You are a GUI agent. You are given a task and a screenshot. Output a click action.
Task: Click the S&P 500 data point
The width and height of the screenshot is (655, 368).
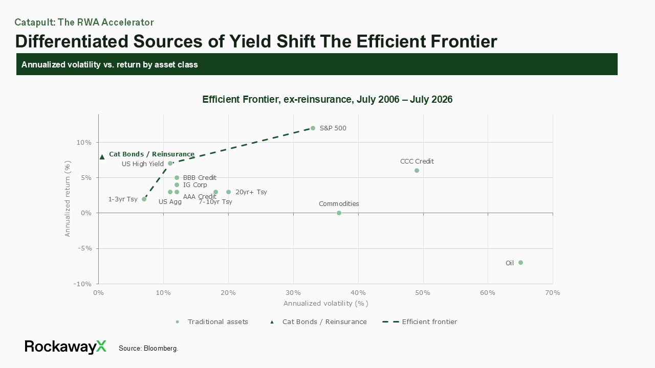pyautogui.click(x=313, y=128)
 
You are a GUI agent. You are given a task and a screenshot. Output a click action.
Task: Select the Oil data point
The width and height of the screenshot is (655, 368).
pyautogui.click(x=520, y=263)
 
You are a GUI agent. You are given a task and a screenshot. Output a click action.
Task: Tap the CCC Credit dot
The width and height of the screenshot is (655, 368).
pyautogui.click(x=417, y=171)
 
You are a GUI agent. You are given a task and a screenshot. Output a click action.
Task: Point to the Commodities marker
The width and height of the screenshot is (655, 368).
pyautogui.click(x=339, y=213)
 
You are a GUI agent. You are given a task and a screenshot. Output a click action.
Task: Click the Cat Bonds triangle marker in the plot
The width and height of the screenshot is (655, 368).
pyautogui.click(x=102, y=157)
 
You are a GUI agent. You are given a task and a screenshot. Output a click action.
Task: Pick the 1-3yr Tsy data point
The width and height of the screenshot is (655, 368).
pyautogui.click(x=144, y=199)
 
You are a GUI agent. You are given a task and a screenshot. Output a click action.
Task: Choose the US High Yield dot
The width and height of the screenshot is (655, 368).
pyautogui.click(x=170, y=163)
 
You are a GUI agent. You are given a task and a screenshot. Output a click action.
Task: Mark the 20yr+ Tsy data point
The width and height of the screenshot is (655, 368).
pyautogui.click(x=228, y=192)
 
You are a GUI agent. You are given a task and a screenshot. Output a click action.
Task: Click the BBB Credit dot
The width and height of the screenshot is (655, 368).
pyautogui.click(x=177, y=177)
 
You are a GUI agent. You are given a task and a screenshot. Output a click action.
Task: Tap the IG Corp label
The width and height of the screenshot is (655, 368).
pyautogui.click(x=195, y=185)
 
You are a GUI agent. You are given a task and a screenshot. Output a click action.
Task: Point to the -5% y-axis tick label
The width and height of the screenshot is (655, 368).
pyautogui.click(x=84, y=248)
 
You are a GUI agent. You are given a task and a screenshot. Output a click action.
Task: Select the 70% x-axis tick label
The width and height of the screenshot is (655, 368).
pyautogui.click(x=552, y=293)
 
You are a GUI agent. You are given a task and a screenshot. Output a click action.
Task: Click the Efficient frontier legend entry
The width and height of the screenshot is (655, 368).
pyautogui.click(x=420, y=322)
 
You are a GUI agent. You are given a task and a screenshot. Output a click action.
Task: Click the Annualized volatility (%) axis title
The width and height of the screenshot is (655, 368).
pyautogui.click(x=326, y=304)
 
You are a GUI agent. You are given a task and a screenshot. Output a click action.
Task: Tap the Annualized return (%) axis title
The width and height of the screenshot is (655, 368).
pyautogui.click(x=68, y=199)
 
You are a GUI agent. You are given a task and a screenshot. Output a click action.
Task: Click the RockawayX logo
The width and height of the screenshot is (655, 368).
pyautogui.click(x=65, y=347)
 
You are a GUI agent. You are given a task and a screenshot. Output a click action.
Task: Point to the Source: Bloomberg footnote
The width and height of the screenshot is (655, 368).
pyautogui.click(x=148, y=349)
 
